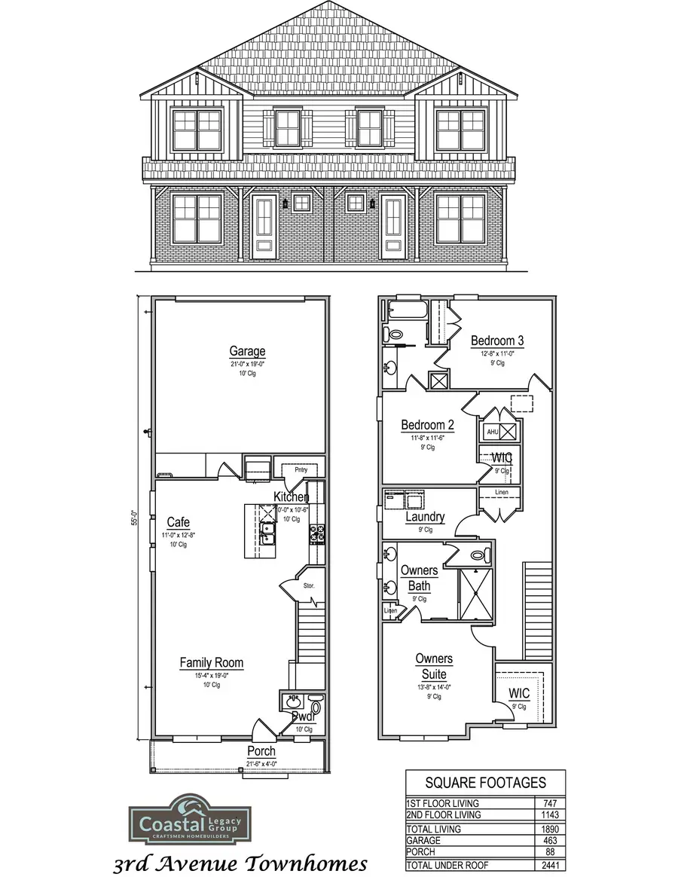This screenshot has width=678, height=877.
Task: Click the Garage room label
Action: click(247, 351)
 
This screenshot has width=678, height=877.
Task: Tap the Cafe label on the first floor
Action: click(179, 522)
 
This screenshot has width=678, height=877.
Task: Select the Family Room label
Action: click(211, 663)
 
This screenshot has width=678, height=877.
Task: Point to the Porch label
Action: click(261, 751)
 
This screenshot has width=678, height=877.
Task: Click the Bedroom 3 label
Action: click(497, 341)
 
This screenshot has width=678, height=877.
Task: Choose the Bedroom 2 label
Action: click(427, 425)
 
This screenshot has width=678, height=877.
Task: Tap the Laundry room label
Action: click(425, 518)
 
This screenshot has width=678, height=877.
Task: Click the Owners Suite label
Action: click(434, 667)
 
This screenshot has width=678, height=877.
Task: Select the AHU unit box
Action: click(492, 432)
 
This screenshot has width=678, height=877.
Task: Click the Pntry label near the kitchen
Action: click(301, 470)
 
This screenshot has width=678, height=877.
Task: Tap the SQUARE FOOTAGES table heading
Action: click(485, 783)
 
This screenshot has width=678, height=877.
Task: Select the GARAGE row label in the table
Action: click(423, 840)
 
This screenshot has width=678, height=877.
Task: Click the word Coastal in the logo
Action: click(163, 818)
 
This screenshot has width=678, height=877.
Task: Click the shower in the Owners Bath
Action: click(475, 593)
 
